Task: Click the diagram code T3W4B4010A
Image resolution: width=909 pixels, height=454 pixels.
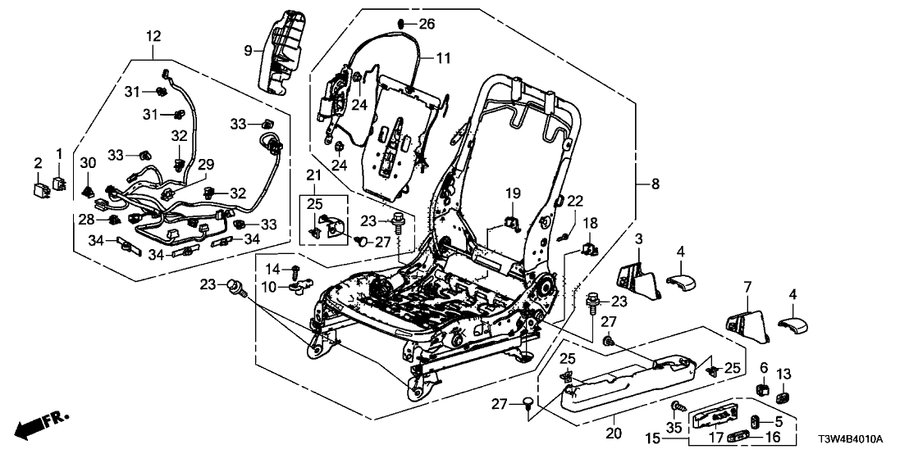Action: [x=861, y=438]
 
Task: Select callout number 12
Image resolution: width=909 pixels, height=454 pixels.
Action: [x=154, y=36]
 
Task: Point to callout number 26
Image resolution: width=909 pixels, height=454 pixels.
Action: [x=427, y=24]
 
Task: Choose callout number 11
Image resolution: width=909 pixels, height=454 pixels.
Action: [x=443, y=58]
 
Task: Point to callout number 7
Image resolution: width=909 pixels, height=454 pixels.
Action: [x=747, y=286]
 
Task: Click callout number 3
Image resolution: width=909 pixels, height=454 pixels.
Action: [x=639, y=239]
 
